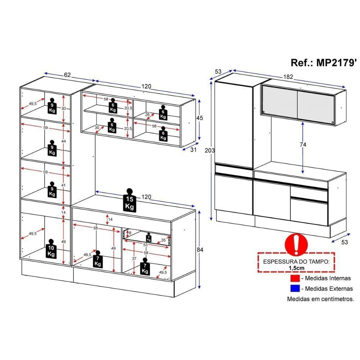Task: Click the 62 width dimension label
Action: point(67,75)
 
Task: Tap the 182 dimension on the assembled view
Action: point(288,77)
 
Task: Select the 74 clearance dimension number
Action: point(303,144)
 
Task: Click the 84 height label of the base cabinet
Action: point(206,249)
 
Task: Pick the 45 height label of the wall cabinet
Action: point(200,118)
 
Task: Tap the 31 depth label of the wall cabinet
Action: point(193,150)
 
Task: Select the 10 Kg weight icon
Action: point(51,249)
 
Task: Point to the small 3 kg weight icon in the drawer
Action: point(148,238)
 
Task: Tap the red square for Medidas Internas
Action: point(294,278)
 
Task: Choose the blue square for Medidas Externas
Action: point(294,288)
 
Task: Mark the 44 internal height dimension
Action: point(63,141)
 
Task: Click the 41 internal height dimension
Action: point(63,185)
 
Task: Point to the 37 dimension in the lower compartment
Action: point(134,258)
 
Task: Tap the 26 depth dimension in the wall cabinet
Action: point(147,114)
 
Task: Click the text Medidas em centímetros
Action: point(320,299)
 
